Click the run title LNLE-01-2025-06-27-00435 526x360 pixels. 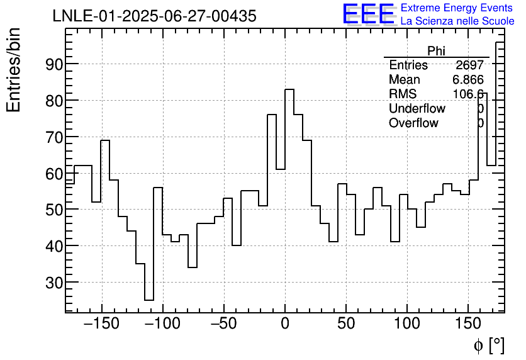click(154, 16)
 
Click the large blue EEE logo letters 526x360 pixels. click(368, 14)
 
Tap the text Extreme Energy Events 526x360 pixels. click(457, 8)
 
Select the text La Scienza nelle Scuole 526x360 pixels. click(457, 21)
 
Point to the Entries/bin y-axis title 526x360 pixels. click(14, 70)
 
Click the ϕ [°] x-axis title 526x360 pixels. click(489, 345)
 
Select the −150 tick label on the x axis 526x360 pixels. click(101, 325)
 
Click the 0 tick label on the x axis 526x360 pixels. click(285, 325)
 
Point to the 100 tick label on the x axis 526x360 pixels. click(407, 325)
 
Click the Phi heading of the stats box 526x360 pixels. click(436, 51)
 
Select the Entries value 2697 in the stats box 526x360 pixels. click(469, 65)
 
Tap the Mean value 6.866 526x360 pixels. click(467, 80)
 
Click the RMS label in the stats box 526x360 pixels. click(403, 94)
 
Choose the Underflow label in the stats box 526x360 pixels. click(417, 109)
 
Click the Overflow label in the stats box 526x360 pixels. click(413, 123)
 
